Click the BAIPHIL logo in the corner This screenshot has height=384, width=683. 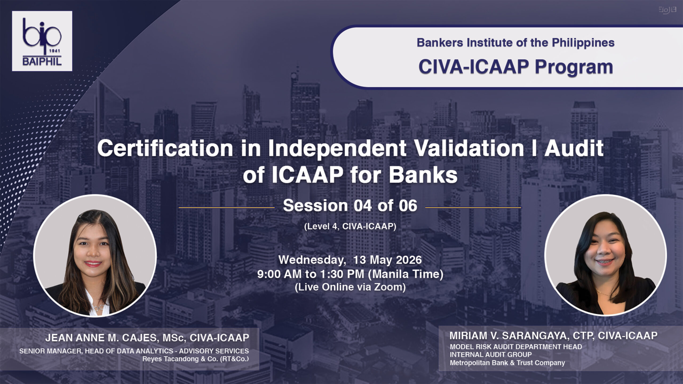[42, 41]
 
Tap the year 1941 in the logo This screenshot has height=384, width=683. [55, 51]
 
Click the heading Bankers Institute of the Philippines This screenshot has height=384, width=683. [515, 43]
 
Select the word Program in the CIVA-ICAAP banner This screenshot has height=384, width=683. [574, 67]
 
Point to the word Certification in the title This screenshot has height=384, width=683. [165, 149]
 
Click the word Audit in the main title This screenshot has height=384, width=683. [574, 149]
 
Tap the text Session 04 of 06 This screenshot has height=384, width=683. [350, 206]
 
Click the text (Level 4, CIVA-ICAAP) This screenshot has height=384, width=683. [350, 226]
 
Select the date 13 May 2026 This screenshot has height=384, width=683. [387, 260]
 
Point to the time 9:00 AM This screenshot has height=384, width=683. [279, 274]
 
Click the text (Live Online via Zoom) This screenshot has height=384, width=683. [350, 287]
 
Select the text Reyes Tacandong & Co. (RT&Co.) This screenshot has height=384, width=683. [196, 359]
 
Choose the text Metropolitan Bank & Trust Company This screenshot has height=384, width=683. [507, 363]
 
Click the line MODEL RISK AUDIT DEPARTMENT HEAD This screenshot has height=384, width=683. [516, 347]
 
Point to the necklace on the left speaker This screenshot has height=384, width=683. [99, 307]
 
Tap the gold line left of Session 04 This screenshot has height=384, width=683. [227, 207]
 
